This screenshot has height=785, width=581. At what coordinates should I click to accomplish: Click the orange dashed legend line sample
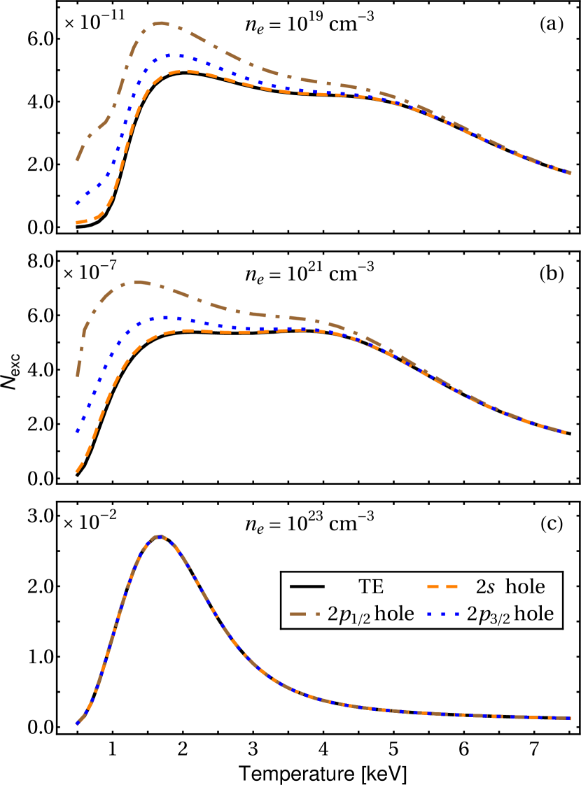point(442,586)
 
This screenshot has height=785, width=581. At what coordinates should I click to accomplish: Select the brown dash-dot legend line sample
point(304,614)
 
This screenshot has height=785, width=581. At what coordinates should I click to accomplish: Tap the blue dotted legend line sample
point(442,614)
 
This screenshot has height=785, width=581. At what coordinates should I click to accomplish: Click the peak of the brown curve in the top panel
point(161,23)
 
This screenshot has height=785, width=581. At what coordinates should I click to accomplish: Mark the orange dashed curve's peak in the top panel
point(185,71)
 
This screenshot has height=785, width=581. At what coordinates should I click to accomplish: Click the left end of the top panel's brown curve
point(77,160)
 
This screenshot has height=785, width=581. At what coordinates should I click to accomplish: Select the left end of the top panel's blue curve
point(77,204)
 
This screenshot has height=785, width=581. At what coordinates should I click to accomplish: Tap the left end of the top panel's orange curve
point(77,222)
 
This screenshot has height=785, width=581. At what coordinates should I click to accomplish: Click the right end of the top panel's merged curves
point(570,173)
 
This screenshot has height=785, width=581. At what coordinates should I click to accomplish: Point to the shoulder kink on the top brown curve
point(106,121)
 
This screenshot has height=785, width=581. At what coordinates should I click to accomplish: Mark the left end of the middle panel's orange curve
point(77,472)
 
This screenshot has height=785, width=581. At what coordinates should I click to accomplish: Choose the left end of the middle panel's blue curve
point(77,432)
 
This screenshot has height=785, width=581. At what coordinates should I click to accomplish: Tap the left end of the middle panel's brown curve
point(78,376)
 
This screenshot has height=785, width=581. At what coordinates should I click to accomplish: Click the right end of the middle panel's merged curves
point(564,432)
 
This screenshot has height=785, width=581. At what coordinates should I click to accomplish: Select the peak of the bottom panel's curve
point(160,537)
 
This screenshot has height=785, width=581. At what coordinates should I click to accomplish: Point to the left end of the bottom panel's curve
point(77,723)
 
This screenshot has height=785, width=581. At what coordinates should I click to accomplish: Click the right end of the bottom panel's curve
point(570,718)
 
